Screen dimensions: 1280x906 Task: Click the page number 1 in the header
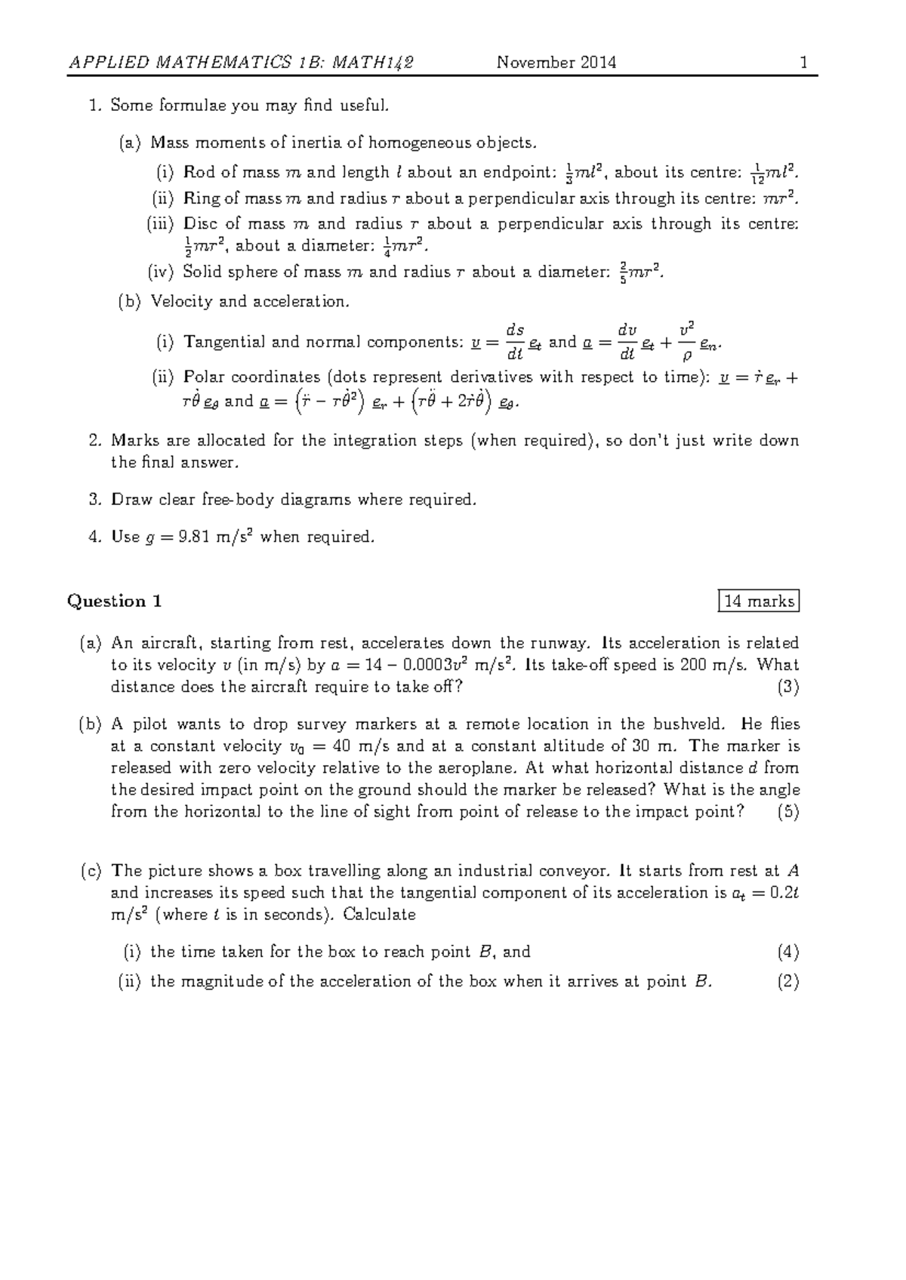point(805,63)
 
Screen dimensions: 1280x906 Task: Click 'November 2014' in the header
point(556,63)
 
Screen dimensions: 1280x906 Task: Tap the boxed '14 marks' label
point(759,602)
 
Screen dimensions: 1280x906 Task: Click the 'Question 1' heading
point(115,602)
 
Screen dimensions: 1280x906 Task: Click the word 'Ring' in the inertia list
point(200,199)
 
